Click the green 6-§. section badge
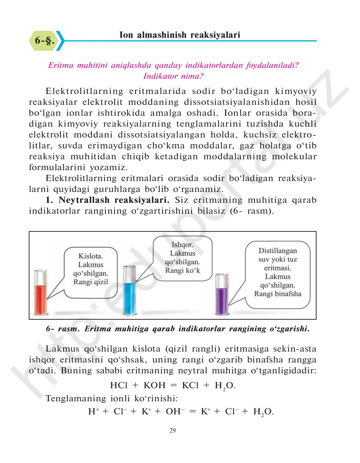pos(44,40)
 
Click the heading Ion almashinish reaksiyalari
pos(179,35)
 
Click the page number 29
pos(173,430)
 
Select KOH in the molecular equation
pos(154,385)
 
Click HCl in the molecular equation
pos(119,385)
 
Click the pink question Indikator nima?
pos(173,76)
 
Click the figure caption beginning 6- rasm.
pos(177,329)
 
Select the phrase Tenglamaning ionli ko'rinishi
pos(112,398)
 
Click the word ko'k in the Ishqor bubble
pos(193,270)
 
